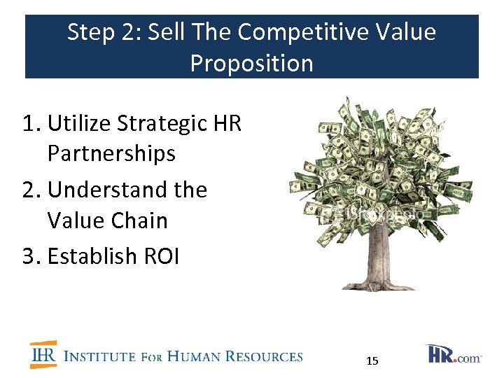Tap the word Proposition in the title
point(251,63)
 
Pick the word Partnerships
point(111,153)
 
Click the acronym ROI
point(162,256)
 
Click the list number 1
point(29,123)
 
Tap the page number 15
point(372,360)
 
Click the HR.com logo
point(452,354)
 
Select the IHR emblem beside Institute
point(43,355)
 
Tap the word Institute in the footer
point(99,357)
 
